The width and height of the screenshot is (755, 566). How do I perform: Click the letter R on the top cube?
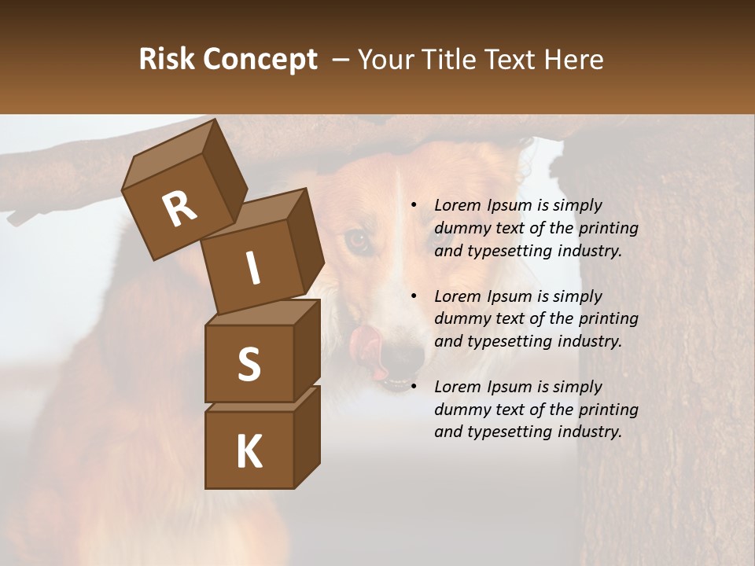pyautogui.click(x=179, y=209)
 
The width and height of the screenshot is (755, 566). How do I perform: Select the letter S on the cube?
pyautogui.click(x=249, y=364)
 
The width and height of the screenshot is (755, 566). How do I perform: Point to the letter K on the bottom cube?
pyautogui.click(x=249, y=452)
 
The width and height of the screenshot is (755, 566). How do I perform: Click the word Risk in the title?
pyautogui.click(x=166, y=59)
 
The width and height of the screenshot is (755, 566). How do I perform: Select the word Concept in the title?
pyautogui.click(x=259, y=60)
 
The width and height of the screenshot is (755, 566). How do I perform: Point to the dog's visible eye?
pyautogui.click(x=359, y=240)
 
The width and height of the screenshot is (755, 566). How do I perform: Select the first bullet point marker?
pyautogui.click(x=414, y=205)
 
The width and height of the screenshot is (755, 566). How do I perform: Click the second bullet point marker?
pyautogui.click(x=414, y=296)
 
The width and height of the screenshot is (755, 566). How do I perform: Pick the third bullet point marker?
pyautogui.click(x=414, y=387)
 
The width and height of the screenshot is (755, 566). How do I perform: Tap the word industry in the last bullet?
pyautogui.click(x=585, y=432)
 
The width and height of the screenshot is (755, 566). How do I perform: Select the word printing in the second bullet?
pyautogui.click(x=609, y=319)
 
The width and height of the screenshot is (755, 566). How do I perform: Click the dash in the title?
pyautogui.click(x=341, y=59)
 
